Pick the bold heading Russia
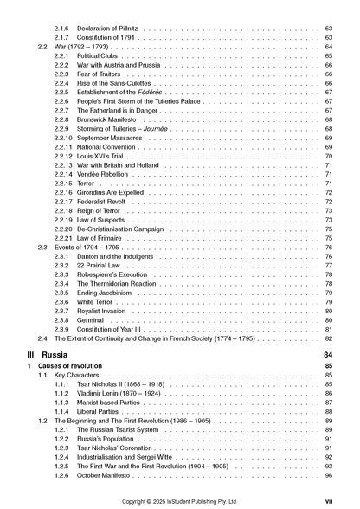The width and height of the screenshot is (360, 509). pyautogui.click(x=57, y=355)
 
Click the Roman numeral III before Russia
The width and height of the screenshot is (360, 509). pyautogui.click(x=32, y=355)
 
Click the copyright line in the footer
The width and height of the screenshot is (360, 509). pyautogui.click(x=180, y=500)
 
